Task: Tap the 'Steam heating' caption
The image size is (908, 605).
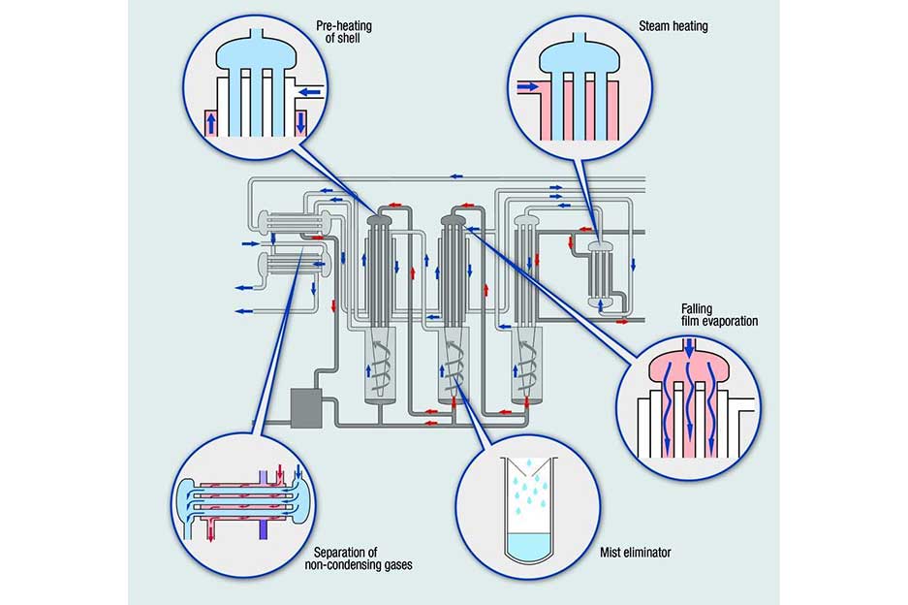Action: click(673, 26)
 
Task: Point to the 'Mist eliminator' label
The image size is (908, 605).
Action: click(635, 553)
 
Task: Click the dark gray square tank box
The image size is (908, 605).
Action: click(306, 404)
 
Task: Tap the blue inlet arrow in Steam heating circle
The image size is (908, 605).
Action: click(528, 87)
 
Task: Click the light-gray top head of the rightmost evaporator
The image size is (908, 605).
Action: click(526, 222)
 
